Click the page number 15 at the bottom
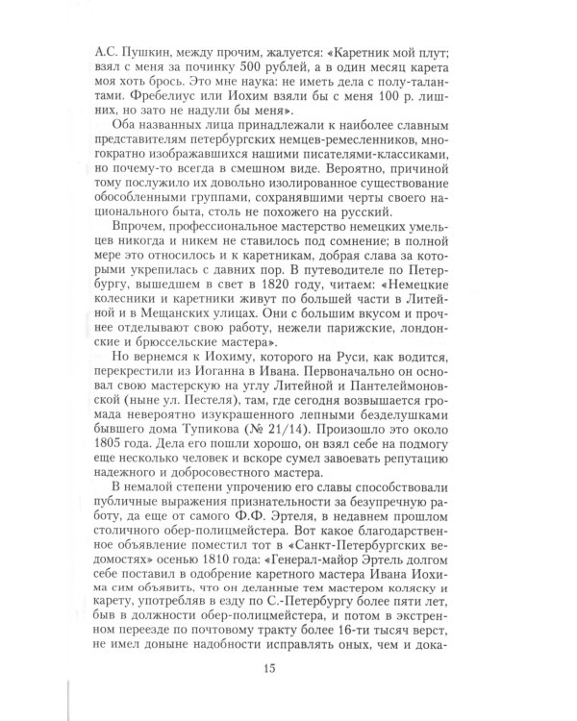click(x=289, y=666)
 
